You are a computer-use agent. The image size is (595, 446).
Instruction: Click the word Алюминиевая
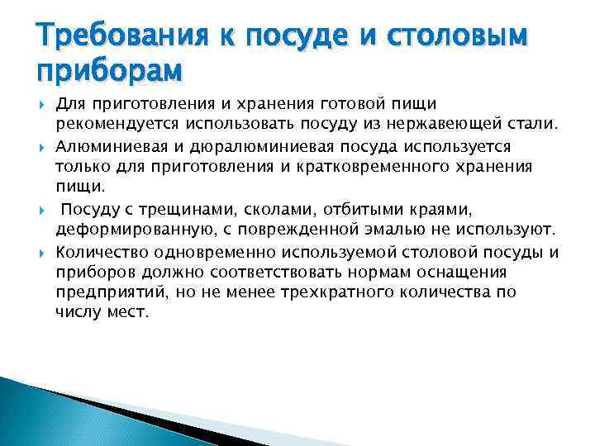coord(107,145)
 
